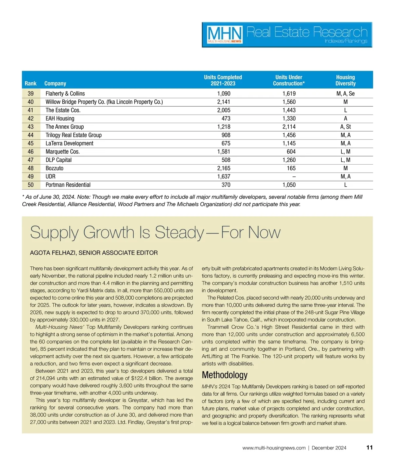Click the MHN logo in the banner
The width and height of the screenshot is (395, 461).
225,35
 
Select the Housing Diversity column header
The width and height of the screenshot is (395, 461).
345,80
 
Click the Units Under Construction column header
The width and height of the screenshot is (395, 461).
289,80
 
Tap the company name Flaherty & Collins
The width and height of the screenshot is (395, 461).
65,94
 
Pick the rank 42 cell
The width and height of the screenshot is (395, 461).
31,119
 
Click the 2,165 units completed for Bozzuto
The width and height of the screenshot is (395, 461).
224,168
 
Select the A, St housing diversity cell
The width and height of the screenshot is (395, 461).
345,127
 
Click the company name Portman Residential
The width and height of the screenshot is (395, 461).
68,185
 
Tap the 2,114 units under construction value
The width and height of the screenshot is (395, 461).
289,127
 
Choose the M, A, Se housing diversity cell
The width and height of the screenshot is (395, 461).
345,94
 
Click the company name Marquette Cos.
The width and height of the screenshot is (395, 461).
63,152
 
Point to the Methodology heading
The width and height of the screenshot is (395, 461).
224,375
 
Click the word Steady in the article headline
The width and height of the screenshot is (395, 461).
179,232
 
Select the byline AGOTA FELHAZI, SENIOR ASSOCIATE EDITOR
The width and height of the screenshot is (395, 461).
94,253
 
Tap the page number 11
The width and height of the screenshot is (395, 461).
369,447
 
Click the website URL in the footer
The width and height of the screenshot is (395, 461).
274,448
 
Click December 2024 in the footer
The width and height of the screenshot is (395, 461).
329,448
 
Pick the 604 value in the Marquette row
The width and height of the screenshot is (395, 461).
291,152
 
